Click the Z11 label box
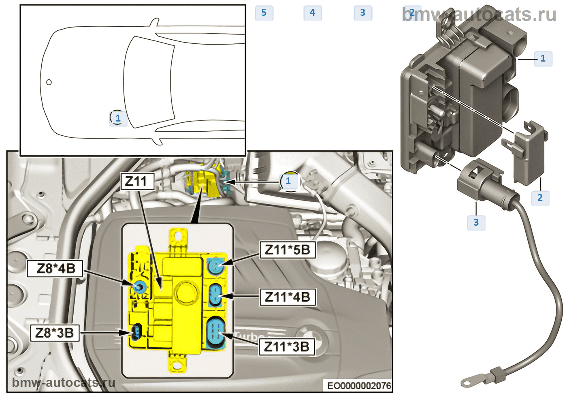[137, 181]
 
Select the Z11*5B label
[288, 250]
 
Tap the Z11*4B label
[288, 297]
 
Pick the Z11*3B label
[287, 347]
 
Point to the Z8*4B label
[55, 268]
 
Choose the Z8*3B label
[55, 333]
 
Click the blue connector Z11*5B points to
[215, 266]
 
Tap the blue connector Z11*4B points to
[215, 295]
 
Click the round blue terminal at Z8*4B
[139, 287]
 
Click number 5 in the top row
[264, 13]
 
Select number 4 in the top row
[313, 13]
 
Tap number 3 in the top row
[363, 13]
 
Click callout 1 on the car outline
[118, 118]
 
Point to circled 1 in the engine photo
[288, 181]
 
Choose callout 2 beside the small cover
[540, 198]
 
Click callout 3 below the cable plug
[476, 222]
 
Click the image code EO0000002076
[359, 386]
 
